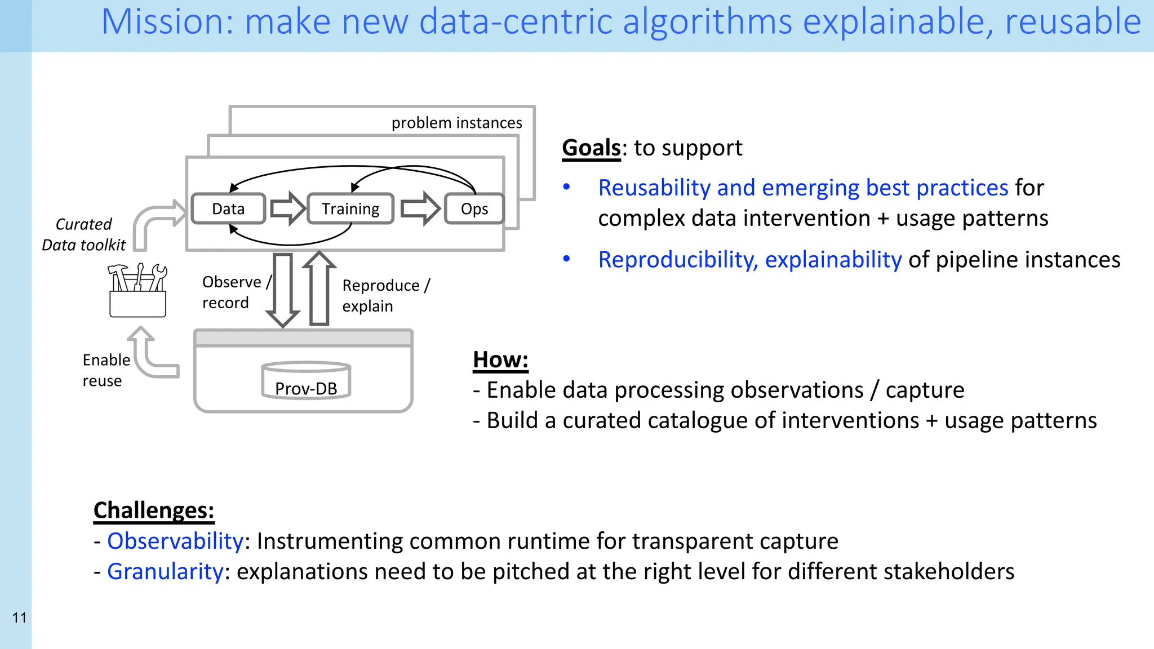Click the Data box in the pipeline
coord(228,209)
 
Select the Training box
coord(350,209)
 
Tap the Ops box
coord(474,209)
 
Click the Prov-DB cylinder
coord(306,381)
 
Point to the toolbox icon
coord(137,291)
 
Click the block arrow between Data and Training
coord(287,208)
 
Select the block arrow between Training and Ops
coord(420,208)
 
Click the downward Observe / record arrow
coord(282,289)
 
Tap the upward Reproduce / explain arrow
coord(319,288)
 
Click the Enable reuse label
coord(105,370)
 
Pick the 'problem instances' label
coord(456,123)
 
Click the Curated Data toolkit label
coord(83,234)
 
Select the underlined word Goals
coord(591,148)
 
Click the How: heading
coord(500,360)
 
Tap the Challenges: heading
coord(154,510)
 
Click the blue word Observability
coord(175,541)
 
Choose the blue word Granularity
coord(165,571)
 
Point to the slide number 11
coord(19,617)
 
